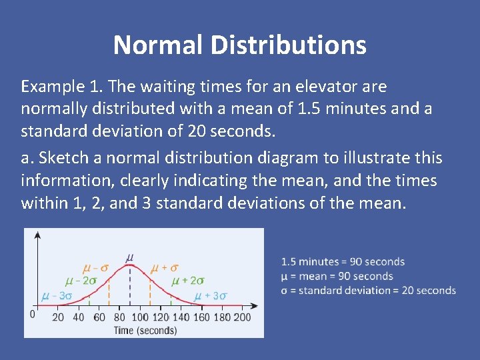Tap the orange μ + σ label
(164, 268)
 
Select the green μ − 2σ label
(80, 281)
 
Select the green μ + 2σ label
(189, 281)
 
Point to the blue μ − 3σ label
(57, 295)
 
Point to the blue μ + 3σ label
(211, 295)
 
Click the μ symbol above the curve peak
(129, 256)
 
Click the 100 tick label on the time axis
(139, 317)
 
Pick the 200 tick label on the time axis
(242, 317)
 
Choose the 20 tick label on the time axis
(58, 317)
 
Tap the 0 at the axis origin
(31, 313)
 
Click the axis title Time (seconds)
(145, 330)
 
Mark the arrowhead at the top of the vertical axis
(37, 234)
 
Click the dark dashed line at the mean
(129, 287)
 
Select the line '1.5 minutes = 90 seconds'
(343, 262)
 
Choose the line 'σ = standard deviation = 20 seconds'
(368, 291)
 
